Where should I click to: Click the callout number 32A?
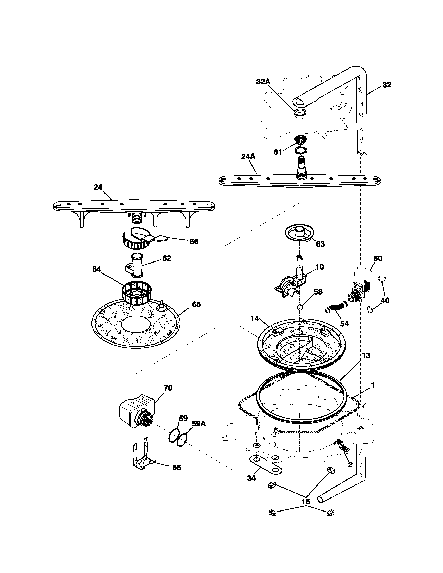263,82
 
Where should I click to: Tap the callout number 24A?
248,157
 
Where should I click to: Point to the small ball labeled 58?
300,307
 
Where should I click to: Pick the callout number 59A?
199,423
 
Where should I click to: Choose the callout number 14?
255,319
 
